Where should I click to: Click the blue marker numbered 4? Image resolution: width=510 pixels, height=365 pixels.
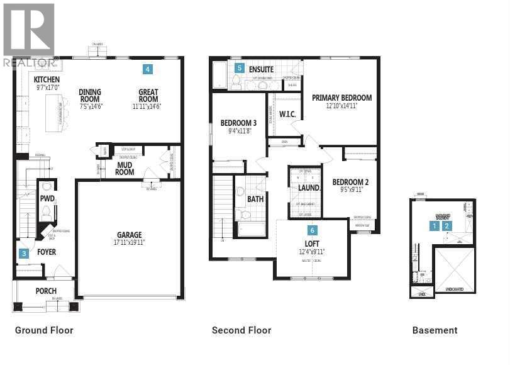click(x=147, y=69)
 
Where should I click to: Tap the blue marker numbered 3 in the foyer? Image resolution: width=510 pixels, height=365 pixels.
click(x=24, y=254)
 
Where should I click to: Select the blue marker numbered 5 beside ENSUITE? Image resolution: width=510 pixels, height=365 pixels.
click(x=239, y=67)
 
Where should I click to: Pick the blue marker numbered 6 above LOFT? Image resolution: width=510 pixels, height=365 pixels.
click(x=312, y=230)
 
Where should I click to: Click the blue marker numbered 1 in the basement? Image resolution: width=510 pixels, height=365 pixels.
click(x=434, y=225)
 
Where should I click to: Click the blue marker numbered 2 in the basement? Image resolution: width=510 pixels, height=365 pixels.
click(x=447, y=225)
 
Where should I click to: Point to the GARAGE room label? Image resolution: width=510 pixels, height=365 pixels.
click(x=129, y=235)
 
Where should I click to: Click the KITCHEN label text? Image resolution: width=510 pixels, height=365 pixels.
click(x=47, y=80)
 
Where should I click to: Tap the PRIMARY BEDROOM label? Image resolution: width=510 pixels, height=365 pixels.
click(x=349, y=98)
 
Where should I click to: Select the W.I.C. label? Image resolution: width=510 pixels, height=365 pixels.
click(x=287, y=115)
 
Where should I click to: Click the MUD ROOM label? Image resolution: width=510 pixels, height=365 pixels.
click(x=125, y=168)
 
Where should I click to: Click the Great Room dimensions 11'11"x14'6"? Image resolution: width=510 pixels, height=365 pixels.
click(x=148, y=107)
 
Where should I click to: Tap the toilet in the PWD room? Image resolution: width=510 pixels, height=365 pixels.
click(x=46, y=213)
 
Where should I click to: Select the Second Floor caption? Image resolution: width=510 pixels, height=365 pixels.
click(x=241, y=330)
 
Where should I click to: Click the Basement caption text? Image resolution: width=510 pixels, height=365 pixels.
click(x=435, y=330)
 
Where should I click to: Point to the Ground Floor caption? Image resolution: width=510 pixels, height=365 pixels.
click(x=44, y=330)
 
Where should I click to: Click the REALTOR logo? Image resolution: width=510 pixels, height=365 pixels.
click(x=30, y=35)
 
